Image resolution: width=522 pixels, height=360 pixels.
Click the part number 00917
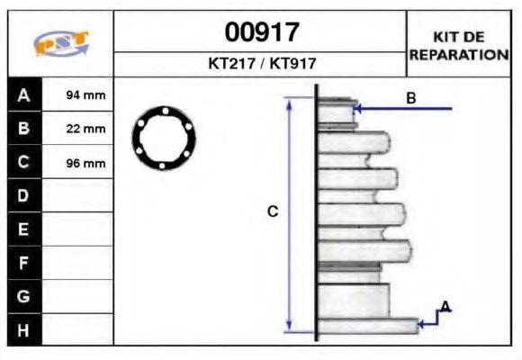click(x=261, y=33)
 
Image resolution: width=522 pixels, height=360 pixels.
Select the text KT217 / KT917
click(x=261, y=64)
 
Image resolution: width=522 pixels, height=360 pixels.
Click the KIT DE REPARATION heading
click(x=459, y=45)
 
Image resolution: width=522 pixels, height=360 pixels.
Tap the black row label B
click(x=24, y=129)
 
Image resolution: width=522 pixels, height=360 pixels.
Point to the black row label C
click(x=24, y=163)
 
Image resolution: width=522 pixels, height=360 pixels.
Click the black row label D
click(x=24, y=195)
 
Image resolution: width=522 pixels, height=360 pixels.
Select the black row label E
click(x=24, y=229)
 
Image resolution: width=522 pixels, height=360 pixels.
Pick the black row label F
click(x=24, y=263)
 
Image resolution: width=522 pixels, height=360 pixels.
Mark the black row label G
click(x=24, y=296)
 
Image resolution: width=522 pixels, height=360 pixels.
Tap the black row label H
click(x=24, y=329)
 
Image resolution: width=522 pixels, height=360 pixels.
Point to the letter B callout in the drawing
click(x=410, y=98)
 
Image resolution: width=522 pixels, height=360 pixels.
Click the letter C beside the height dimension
click(x=273, y=211)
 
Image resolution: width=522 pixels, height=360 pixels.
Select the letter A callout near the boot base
click(x=445, y=308)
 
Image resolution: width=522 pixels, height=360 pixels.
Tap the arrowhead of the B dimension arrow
click(x=358, y=109)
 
